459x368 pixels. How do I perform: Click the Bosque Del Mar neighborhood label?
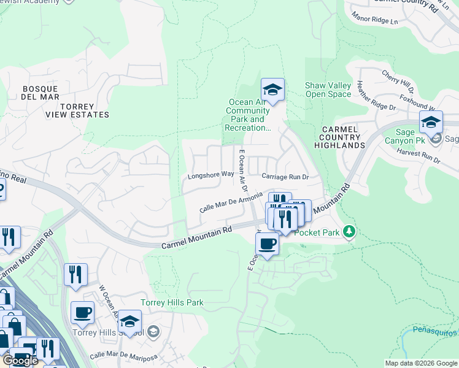pos(40,93)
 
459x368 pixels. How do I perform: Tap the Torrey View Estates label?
pos(77,110)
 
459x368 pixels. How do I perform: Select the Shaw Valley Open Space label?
pos(328,90)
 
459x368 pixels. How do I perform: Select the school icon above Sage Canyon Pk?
pos(431,122)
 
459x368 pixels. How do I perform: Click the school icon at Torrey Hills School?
pos(129,322)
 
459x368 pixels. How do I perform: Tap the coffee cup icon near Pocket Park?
pos(267,244)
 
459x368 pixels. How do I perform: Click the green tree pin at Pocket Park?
pos(349,231)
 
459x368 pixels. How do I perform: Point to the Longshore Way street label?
pos(211,175)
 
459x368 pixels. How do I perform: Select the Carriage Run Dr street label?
pos(284,177)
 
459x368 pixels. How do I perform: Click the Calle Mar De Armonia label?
pos(231,203)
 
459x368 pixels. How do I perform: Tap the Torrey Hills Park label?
pos(172,302)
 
